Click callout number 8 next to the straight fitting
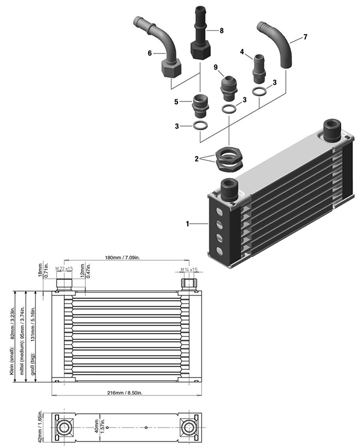(x=222, y=31)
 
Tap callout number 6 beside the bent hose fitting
(x=150, y=53)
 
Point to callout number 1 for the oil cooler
(x=189, y=224)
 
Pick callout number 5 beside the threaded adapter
(x=176, y=102)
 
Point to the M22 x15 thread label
(x=64, y=269)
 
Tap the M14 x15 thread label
(x=189, y=269)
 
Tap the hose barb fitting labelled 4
(x=259, y=67)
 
